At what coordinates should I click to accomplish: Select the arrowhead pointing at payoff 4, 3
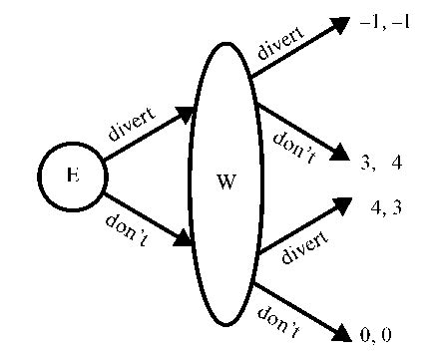[342, 204]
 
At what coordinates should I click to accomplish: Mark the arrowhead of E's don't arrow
[185, 239]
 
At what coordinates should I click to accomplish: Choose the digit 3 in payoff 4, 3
[397, 207]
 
